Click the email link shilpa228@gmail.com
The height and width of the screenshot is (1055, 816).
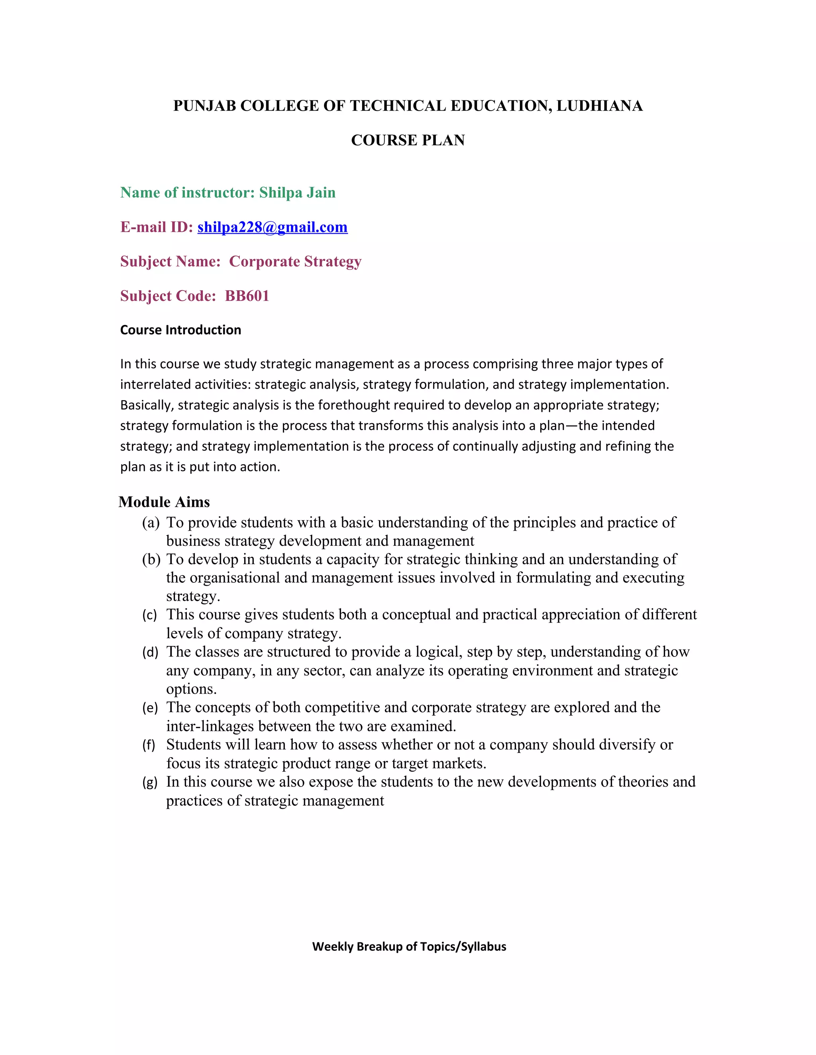coord(272,227)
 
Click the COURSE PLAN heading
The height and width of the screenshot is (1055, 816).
coord(408,140)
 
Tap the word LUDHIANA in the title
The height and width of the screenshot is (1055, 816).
coord(599,106)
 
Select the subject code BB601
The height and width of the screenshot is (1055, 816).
coord(247,296)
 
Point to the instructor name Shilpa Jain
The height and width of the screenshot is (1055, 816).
coord(297,193)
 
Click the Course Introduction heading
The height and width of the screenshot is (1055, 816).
coord(180,330)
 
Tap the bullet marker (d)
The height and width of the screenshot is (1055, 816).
coord(150,653)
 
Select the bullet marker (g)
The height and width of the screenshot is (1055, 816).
coord(150,782)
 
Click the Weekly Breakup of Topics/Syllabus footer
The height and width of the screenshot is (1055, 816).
coord(409,946)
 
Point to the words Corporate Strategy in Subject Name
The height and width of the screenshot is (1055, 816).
coord(295,261)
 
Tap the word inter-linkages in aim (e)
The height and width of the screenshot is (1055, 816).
coord(210,727)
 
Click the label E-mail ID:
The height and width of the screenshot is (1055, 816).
coord(157,227)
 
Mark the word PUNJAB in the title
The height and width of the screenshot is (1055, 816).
coord(204,106)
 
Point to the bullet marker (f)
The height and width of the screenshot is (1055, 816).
coord(149,745)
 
